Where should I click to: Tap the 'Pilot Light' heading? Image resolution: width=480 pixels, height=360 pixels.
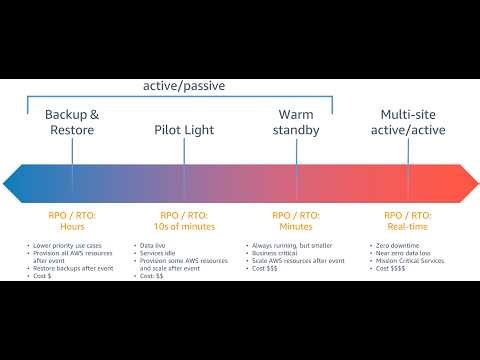click(x=184, y=130)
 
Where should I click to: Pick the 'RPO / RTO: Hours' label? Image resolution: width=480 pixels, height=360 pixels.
click(x=72, y=220)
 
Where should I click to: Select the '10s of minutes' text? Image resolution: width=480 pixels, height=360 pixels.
click(x=184, y=226)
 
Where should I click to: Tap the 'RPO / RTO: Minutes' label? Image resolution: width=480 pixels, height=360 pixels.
click(x=296, y=220)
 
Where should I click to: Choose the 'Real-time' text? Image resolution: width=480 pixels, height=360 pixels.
click(x=408, y=226)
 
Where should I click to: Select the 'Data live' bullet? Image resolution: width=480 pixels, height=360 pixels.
click(x=154, y=245)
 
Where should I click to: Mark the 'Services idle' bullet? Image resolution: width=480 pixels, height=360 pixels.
click(x=159, y=253)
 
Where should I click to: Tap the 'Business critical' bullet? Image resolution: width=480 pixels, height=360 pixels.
click(x=273, y=253)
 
